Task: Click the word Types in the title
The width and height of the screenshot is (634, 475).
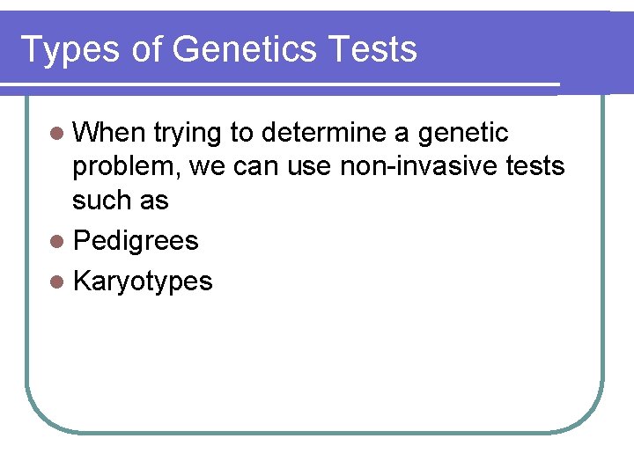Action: [68, 49]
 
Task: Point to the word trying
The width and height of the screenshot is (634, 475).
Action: [188, 134]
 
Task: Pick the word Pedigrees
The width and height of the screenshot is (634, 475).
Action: [136, 241]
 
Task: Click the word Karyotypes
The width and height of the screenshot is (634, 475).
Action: [143, 281]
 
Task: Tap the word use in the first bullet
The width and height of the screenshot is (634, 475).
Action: [308, 167]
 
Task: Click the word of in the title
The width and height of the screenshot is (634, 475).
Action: [148, 49]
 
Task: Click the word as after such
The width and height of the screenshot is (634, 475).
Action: [151, 201]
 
